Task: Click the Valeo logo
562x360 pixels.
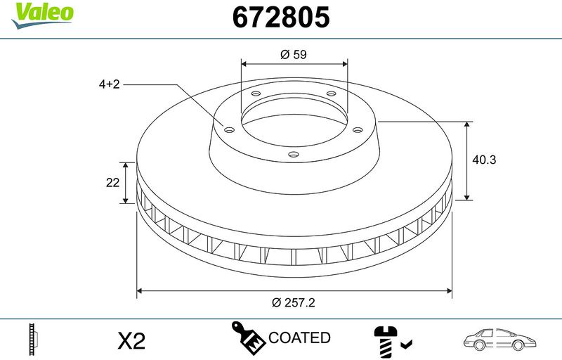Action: tap(42, 16)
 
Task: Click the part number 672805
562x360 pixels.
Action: tap(281, 17)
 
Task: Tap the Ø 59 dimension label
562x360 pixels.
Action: tap(294, 55)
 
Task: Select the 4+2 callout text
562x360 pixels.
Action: tap(109, 84)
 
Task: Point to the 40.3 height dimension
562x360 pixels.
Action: tap(484, 160)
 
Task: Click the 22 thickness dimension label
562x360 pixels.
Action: tap(112, 183)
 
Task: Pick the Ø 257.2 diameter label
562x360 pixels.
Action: tap(293, 302)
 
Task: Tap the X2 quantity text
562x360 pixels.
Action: tap(131, 340)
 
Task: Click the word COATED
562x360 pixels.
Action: tap(299, 337)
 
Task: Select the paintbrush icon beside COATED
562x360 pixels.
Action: tap(248, 337)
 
